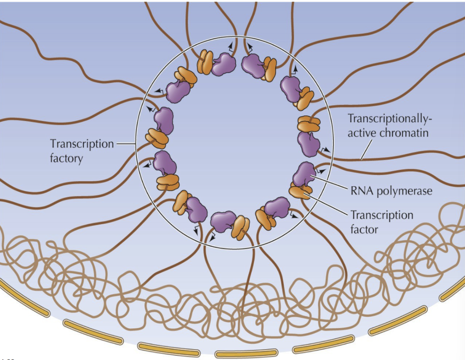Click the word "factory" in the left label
coord(66,158)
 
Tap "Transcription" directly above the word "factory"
coord(82,144)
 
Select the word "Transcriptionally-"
coord(390,119)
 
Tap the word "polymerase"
coord(404,191)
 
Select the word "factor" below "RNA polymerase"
coord(364,229)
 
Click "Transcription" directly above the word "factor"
coord(382,215)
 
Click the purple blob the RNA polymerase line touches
coord(304,174)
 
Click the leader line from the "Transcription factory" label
coord(126,144)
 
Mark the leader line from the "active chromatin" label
coord(366,150)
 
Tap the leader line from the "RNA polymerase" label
coord(330,182)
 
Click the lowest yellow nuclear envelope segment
coord(246,353)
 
